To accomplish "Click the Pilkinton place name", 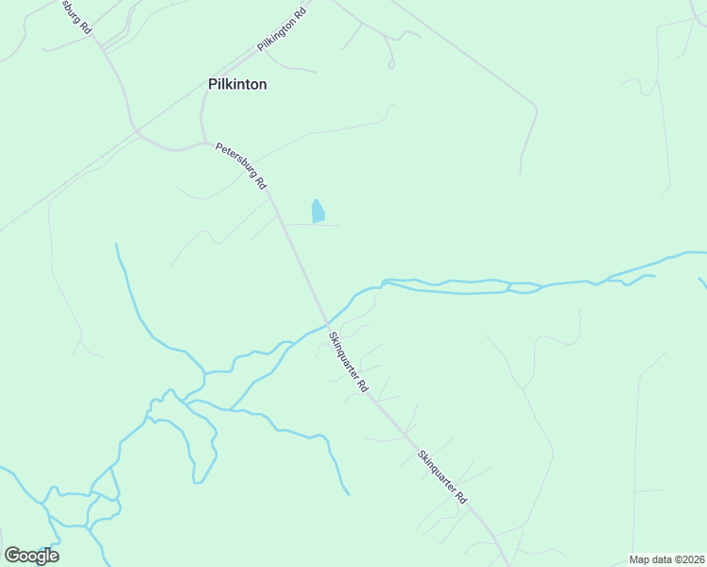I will [x=237, y=84].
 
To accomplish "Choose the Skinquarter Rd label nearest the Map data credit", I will [x=442, y=476].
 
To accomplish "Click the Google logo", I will [x=31, y=556].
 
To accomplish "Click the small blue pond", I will [x=318, y=212].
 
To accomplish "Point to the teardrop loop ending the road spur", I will [x=390, y=64].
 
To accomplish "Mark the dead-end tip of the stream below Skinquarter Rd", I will [x=349, y=494].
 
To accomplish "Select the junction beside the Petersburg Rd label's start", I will [x=206, y=144].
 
